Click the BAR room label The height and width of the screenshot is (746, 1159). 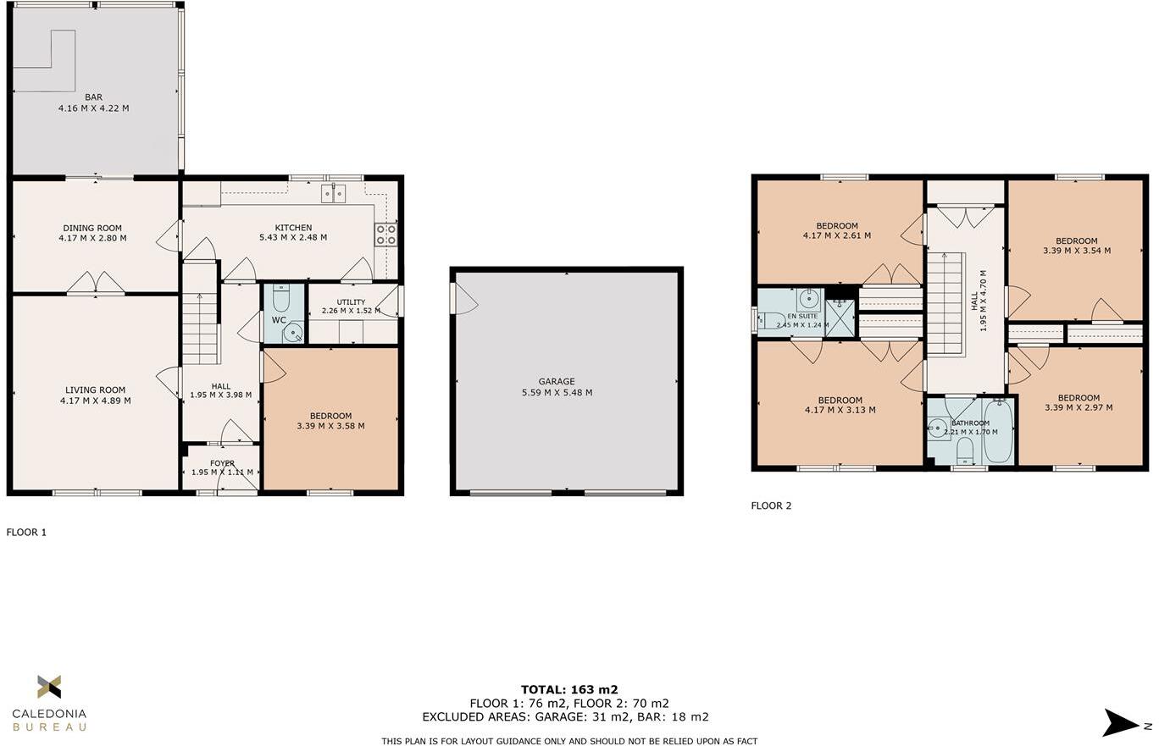point(94,97)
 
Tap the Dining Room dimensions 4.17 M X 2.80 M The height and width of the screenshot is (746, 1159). point(92,238)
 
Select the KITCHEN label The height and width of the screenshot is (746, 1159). point(293,228)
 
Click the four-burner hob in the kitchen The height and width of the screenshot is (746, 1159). point(385,235)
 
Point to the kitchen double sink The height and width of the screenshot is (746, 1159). point(333,193)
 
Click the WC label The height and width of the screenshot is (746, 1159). point(279,320)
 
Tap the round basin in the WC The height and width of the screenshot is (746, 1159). point(294,332)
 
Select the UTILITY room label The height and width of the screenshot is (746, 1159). point(351,302)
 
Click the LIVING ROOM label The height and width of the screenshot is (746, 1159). point(95,390)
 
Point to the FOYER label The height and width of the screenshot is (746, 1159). point(223,463)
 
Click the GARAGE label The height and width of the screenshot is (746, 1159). point(557,382)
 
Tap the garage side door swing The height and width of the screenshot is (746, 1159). point(464,298)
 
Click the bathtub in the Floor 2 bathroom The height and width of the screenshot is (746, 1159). point(996,431)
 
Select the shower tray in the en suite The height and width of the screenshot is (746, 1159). point(840,318)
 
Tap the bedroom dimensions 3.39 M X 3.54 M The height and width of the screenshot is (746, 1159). point(1077,251)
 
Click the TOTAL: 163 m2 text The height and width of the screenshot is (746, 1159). point(569,689)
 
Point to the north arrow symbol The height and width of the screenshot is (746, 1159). point(1120,723)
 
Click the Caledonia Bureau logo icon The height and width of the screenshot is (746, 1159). point(49,687)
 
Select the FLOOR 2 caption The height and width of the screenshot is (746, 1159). point(771,506)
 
